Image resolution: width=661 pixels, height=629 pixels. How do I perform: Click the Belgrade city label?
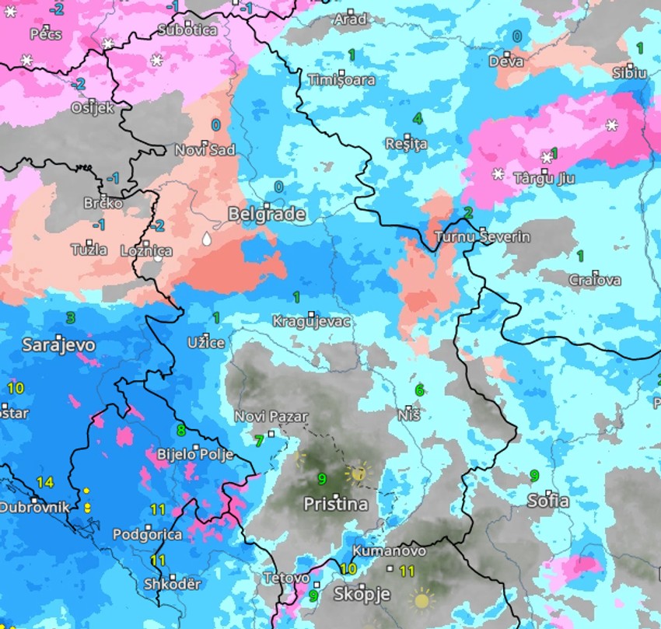tap(267, 215)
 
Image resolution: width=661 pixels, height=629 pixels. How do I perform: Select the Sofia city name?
tap(547, 501)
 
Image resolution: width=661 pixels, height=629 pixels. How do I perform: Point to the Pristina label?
tap(335, 505)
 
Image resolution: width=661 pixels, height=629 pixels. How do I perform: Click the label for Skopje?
tap(361, 595)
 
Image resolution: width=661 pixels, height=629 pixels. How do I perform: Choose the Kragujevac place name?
tap(311, 322)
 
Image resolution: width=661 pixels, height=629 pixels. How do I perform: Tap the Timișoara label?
tap(341, 80)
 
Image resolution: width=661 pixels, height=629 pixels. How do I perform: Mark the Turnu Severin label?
tap(482, 237)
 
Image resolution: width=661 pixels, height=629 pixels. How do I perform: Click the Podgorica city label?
tap(148, 535)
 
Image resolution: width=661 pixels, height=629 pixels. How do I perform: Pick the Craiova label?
tap(595, 280)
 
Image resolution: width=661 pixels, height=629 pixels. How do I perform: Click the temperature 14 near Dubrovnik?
tap(45, 483)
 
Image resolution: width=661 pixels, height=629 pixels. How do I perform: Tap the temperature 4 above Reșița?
tap(418, 119)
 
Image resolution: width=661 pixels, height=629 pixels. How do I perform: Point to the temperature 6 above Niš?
tap(419, 390)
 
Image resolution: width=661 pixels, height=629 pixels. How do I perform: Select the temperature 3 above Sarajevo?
tap(71, 317)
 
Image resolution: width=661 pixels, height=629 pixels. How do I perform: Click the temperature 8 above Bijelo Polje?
tap(181, 430)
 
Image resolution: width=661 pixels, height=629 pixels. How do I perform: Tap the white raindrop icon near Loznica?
tap(206, 239)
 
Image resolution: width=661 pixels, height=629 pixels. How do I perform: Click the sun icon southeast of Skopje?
tap(422, 599)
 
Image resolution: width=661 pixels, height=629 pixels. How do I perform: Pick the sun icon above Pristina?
tap(358, 472)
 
